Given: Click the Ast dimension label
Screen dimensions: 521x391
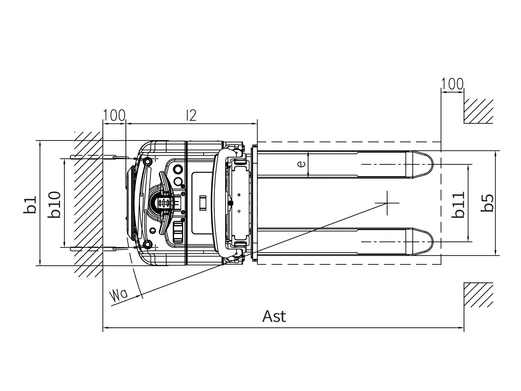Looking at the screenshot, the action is coord(274,316).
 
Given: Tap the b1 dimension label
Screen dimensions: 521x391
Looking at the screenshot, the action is coord(30,205).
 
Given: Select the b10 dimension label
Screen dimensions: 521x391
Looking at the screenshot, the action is coord(54,204).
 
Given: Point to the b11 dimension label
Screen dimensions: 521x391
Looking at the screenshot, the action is coord(458,205).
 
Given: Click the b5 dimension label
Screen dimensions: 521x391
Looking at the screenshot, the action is coord(487,203).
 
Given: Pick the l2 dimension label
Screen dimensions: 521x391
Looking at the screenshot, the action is coord(191,115).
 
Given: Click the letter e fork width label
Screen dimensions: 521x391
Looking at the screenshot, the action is coord(302,164).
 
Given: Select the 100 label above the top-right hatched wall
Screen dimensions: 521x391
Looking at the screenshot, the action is coord(452,83).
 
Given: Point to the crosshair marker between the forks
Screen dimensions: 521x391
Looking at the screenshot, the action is coord(387,203).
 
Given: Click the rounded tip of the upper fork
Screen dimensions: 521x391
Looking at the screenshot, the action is coord(433,164).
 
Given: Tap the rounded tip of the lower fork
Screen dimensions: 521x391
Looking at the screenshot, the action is coord(433,242).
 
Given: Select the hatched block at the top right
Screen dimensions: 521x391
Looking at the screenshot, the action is coord(478,111).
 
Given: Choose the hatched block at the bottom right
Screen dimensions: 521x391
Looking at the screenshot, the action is coord(478,295).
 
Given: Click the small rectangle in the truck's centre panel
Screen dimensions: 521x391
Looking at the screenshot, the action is coord(203,203).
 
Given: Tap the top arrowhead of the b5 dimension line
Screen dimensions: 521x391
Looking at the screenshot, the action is coord(495,154).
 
